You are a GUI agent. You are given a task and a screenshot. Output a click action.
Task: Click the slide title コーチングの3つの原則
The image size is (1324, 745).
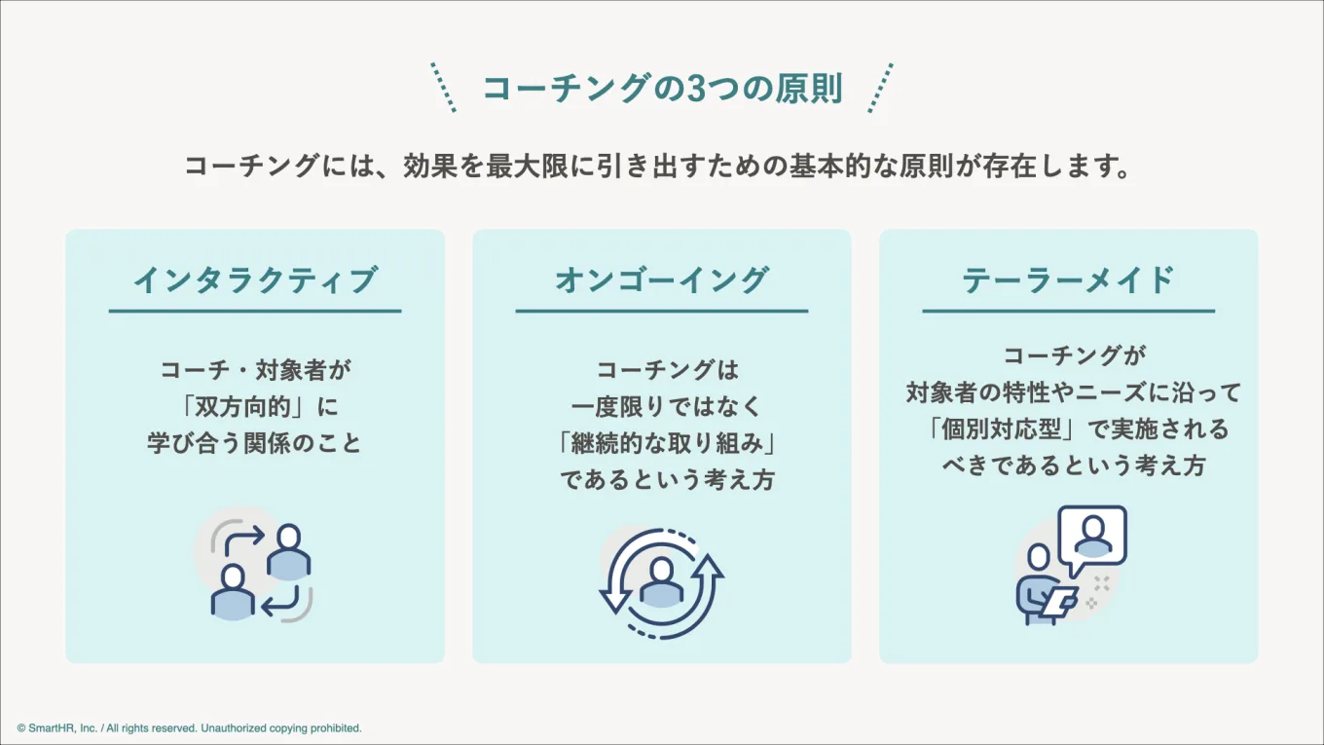[662, 89]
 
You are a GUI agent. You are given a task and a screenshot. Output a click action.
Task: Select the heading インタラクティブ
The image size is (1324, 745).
[254, 280]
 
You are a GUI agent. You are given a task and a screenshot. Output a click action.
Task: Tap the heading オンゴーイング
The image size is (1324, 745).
[662, 280]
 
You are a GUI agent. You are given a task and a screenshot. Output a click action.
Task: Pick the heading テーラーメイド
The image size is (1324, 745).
[1068, 280]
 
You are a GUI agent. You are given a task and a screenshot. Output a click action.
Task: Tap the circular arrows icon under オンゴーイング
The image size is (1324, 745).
[661, 582]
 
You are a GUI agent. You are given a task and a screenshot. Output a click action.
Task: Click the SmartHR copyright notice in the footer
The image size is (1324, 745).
[189, 727]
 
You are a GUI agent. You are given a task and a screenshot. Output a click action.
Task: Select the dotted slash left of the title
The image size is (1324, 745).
[443, 88]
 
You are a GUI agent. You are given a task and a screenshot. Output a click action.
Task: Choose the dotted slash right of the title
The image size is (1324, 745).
[880, 88]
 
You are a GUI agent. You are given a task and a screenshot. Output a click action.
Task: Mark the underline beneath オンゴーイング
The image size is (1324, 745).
[662, 311]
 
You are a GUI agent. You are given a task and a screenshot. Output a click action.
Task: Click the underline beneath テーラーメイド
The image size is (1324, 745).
[1068, 311]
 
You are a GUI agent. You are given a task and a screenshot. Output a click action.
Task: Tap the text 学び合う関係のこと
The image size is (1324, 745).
[255, 444]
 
